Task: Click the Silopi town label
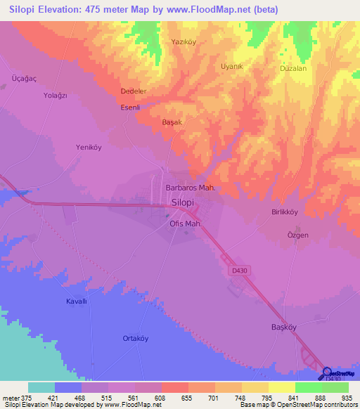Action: pyautogui.click(x=182, y=202)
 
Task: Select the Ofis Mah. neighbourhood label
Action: pyautogui.click(x=186, y=224)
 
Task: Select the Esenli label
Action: pyautogui.click(x=131, y=108)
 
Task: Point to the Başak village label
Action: pyautogui.click(x=172, y=122)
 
